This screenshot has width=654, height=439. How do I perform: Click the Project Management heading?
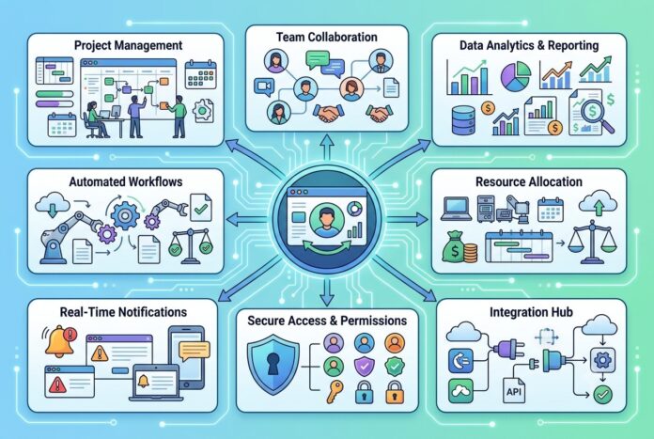click(x=128, y=45)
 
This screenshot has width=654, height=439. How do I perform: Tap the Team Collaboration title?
click(x=327, y=37)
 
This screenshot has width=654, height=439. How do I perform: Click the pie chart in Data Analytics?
click(x=516, y=76)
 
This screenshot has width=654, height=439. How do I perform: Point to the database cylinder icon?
click(x=463, y=119)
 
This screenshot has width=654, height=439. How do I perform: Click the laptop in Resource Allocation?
click(x=457, y=209)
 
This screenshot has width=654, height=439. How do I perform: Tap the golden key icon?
click(x=335, y=391)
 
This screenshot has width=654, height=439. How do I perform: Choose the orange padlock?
click(x=394, y=391)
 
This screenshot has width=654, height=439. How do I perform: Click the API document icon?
click(x=514, y=390)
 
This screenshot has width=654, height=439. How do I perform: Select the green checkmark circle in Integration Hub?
click(x=602, y=394)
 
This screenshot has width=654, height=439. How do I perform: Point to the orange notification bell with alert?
click(x=60, y=341)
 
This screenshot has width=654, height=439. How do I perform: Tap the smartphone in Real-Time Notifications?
click(x=186, y=357)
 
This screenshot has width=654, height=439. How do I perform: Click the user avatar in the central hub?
click(x=327, y=220)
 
